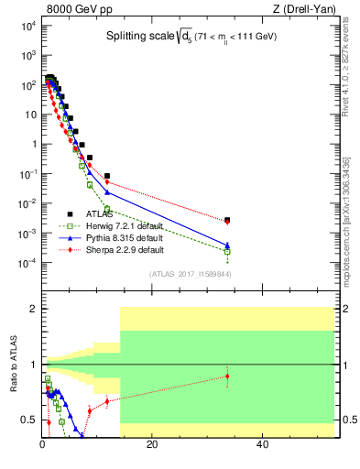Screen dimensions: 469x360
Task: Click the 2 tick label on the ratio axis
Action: [31, 309]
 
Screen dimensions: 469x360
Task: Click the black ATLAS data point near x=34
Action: [227, 220]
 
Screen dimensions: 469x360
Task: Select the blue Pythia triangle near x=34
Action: [227, 245]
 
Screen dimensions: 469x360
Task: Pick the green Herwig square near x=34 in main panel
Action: [227, 251]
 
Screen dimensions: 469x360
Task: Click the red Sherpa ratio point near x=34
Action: [227, 376]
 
